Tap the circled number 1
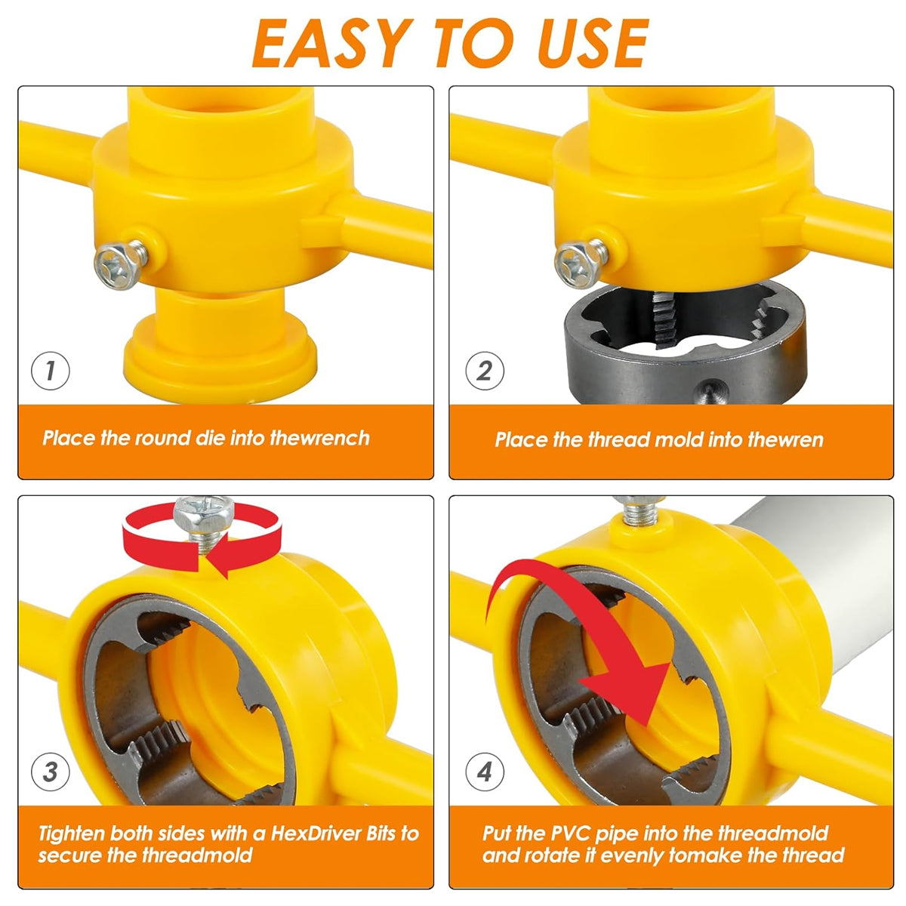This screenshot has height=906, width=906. tap(51, 371)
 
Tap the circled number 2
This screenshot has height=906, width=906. tap(484, 371)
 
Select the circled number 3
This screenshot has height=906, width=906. tap(51, 772)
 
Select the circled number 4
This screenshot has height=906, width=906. tap(484, 772)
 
